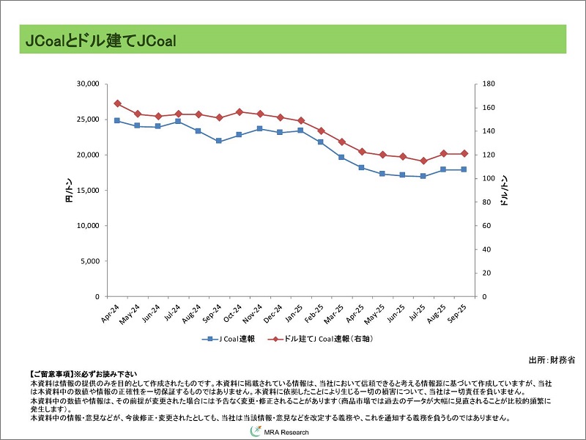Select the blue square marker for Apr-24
pyautogui.click(x=117, y=120)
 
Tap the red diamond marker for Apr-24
pyautogui.click(x=117, y=103)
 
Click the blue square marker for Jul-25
pyautogui.click(x=423, y=176)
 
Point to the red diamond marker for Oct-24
pyautogui.click(x=240, y=111)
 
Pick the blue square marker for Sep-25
pyautogui.click(x=463, y=169)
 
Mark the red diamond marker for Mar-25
pyautogui.click(x=341, y=142)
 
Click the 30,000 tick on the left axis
pyautogui.click(x=87, y=84)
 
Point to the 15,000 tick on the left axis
pyautogui.click(x=87, y=190)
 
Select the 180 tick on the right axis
pyautogui.click(x=489, y=84)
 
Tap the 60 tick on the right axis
pyautogui.click(x=487, y=226)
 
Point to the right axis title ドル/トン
pyautogui.click(x=505, y=191)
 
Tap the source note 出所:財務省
pyautogui.click(x=552, y=360)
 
